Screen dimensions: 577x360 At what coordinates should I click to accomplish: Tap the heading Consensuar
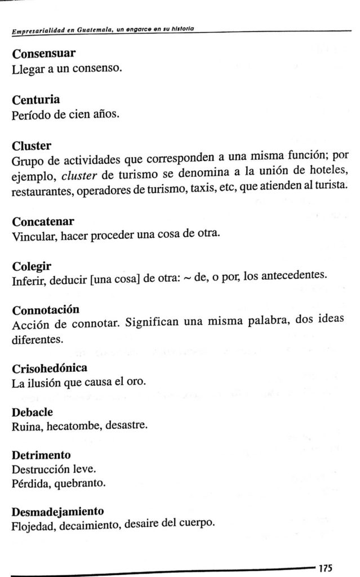44,55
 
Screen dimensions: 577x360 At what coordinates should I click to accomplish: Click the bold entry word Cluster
32,145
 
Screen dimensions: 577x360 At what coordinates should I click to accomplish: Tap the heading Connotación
46,310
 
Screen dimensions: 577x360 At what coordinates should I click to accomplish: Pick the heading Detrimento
41,454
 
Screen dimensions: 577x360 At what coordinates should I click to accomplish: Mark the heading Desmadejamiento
58,512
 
